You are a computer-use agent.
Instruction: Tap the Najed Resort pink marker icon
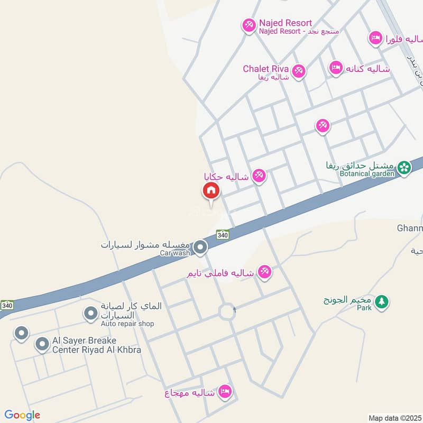click(x=249, y=25)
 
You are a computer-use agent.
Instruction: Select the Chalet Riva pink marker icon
click(x=299, y=71)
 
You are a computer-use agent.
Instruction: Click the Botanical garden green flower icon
click(x=404, y=168)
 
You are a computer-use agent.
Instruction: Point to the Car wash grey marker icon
click(x=200, y=247)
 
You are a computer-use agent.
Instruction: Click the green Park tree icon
click(x=381, y=301)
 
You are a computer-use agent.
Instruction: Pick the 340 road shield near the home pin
click(x=223, y=234)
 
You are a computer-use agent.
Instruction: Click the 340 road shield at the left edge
click(x=7, y=305)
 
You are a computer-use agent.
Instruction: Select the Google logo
click(x=22, y=415)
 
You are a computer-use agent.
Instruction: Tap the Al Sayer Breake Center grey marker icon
click(x=42, y=345)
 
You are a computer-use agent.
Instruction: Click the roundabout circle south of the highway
click(x=227, y=312)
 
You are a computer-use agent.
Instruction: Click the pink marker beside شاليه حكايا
click(x=259, y=176)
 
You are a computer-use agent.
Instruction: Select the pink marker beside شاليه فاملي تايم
click(x=264, y=272)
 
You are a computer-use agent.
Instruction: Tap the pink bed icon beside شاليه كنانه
click(x=335, y=68)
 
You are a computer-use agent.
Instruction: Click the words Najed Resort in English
click(x=285, y=23)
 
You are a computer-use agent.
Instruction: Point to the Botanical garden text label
click(x=368, y=174)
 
